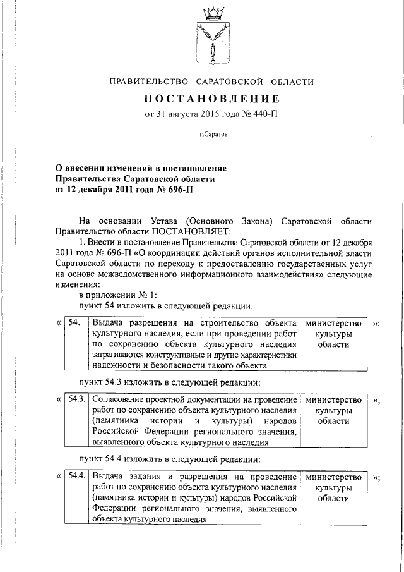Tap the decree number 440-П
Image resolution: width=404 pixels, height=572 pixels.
click(x=263, y=114)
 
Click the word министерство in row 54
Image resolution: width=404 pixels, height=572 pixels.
click(x=334, y=323)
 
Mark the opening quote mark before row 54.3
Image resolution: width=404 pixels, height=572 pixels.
click(x=59, y=400)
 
